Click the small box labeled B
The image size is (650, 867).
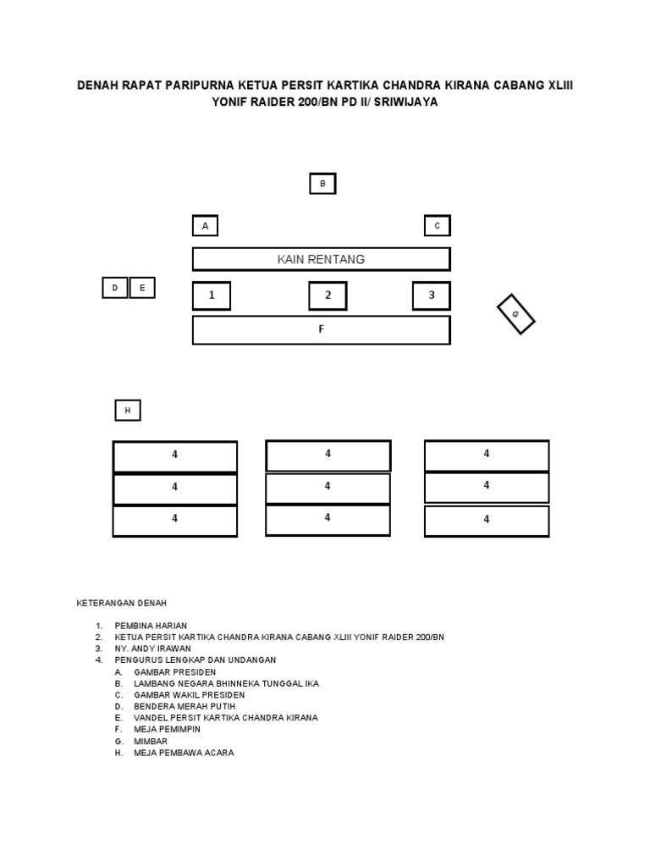click(322, 184)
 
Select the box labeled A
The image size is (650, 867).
click(205, 226)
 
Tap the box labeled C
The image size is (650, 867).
click(437, 226)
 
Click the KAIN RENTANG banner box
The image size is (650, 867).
click(321, 259)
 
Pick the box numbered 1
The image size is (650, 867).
click(212, 295)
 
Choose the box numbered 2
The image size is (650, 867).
click(328, 295)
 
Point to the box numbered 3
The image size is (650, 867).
click(431, 295)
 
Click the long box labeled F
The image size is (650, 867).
click(321, 330)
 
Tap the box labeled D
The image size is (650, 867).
click(114, 288)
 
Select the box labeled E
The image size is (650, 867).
click(142, 288)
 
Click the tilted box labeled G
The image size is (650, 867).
click(515, 314)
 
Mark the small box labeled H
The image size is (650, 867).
click(128, 411)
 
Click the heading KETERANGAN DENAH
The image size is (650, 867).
click(122, 603)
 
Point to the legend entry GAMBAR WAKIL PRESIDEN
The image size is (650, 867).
click(189, 695)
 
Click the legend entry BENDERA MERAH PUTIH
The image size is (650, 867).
click(184, 706)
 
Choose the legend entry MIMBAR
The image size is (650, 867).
click(150, 741)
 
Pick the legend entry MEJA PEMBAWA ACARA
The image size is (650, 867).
click(183, 753)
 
